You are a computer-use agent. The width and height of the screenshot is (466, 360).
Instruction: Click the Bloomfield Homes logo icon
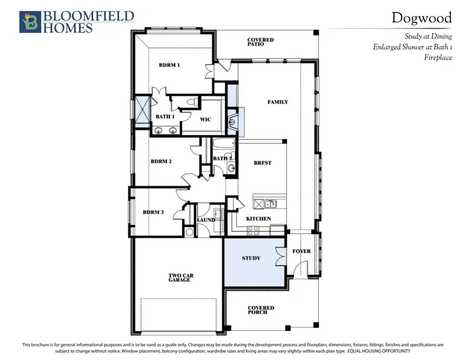point(29,22)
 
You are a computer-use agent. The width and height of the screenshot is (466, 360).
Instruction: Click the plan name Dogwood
point(421,18)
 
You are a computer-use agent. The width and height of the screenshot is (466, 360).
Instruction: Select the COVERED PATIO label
point(260,42)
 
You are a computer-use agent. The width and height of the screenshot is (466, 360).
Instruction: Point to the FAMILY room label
point(278,102)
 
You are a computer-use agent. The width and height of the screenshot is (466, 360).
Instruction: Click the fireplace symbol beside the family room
point(233,122)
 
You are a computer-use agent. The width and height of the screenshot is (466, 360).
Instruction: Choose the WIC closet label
point(206,119)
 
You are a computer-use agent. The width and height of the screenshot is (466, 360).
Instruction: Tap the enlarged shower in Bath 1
point(140,112)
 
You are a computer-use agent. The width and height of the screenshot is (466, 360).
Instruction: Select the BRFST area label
point(263,163)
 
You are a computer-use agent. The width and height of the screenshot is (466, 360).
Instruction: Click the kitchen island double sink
point(270,204)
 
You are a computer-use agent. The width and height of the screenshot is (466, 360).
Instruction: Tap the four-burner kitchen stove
point(253,231)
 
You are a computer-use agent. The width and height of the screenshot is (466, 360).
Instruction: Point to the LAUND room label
point(205,220)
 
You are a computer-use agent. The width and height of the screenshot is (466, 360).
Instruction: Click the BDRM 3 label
point(153,212)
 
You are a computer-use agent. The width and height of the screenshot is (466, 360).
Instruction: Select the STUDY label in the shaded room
point(251,258)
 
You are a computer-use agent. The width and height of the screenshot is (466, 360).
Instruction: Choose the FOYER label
point(301,251)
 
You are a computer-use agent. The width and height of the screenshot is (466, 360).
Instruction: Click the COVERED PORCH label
point(261,310)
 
